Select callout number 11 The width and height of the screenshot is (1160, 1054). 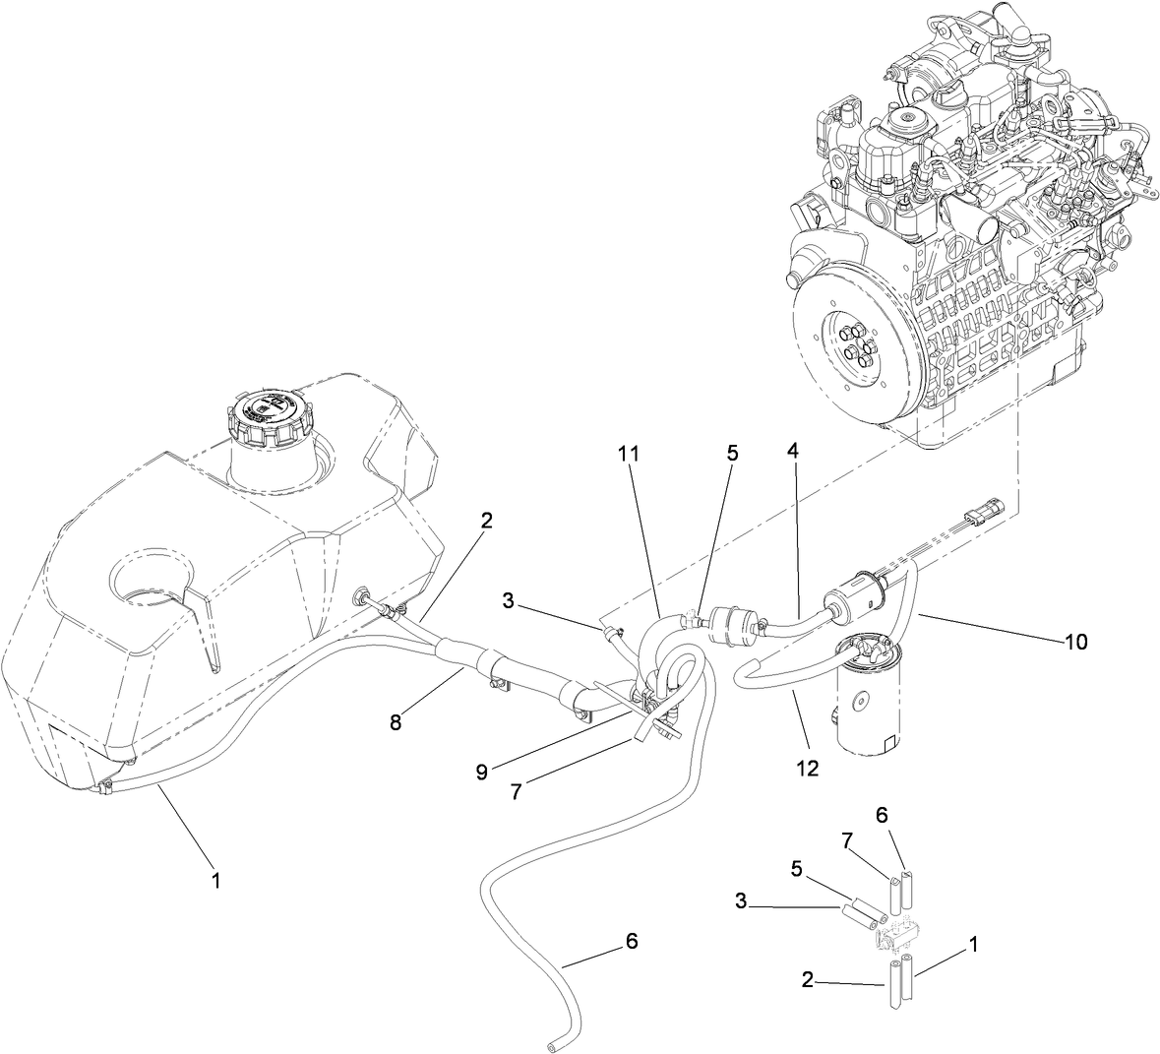628,454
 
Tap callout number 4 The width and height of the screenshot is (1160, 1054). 792,454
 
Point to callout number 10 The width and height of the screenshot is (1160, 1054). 1074,642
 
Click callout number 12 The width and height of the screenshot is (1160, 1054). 807,768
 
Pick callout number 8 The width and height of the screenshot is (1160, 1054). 396,722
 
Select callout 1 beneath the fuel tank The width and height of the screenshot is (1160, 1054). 216,881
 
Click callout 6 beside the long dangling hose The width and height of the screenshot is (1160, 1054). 631,941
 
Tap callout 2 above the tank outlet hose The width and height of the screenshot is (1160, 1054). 485,521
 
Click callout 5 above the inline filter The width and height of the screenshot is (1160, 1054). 732,454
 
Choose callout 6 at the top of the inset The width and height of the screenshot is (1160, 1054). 882,815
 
